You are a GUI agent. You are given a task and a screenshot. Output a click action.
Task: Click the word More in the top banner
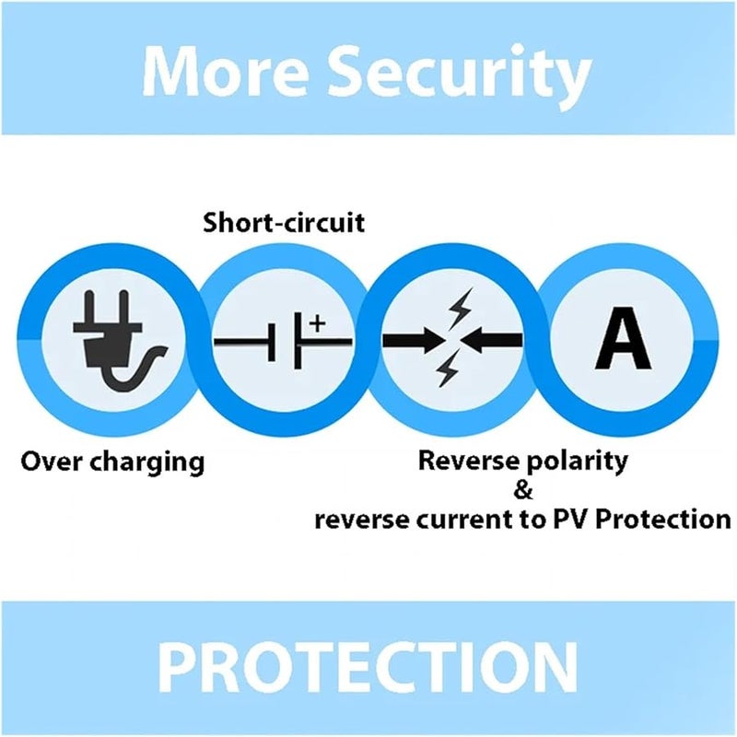click(x=225, y=71)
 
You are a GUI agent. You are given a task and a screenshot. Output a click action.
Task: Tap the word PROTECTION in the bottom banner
click(x=368, y=668)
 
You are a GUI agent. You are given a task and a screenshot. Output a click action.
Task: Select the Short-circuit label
click(x=284, y=222)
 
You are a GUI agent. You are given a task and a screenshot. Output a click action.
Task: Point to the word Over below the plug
click(x=52, y=462)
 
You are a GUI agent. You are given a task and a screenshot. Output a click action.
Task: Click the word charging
click(x=146, y=463)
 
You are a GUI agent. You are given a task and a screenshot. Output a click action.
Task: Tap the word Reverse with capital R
click(x=468, y=461)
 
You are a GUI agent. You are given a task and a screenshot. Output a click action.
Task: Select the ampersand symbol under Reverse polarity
click(x=523, y=490)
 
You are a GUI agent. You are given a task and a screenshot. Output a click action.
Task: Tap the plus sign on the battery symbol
click(x=317, y=323)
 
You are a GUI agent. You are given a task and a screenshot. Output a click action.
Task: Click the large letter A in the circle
click(x=623, y=338)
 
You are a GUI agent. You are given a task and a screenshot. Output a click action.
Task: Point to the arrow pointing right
click(x=414, y=340)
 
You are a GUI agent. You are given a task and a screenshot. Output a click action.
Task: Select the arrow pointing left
click(x=492, y=340)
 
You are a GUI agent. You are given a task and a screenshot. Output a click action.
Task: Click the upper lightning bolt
click(x=459, y=309)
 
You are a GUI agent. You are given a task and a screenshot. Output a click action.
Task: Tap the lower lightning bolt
click(x=447, y=369)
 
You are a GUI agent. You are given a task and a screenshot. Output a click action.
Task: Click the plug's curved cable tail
click(x=136, y=369)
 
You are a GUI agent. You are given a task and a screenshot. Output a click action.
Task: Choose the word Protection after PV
click(x=663, y=520)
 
